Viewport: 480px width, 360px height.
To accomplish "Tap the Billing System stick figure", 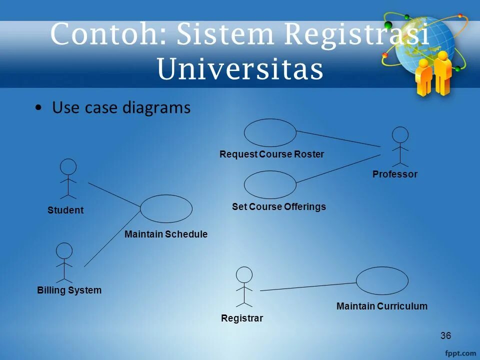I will [x=64, y=262].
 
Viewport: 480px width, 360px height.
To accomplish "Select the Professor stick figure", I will [x=400, y=146].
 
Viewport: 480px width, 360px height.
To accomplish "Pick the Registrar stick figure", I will [x=244, y=286].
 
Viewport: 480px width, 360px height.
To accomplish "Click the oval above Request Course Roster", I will [x=270, y=132].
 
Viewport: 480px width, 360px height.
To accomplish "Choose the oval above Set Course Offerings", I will [x=270, y=184].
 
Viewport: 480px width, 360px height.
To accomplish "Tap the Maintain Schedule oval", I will [x=166, y=208].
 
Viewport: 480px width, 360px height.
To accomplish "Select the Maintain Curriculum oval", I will [x=382, y=280].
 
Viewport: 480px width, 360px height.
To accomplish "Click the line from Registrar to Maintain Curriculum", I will [x=308, y=286].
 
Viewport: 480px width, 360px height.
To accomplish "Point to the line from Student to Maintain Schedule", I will [x=114, y=194].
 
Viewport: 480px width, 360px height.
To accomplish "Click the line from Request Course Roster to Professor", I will [x=338, y=138].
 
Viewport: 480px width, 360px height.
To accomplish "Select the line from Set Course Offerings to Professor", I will [x=338, y=167].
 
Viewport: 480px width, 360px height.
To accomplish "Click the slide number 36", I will [x=446, y=335].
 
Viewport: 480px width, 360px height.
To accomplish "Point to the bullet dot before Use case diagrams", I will [x=39, y=108].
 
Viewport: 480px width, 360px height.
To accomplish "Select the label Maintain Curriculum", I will [x=382, y=306].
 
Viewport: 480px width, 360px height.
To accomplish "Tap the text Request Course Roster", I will [x=272, y=154].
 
